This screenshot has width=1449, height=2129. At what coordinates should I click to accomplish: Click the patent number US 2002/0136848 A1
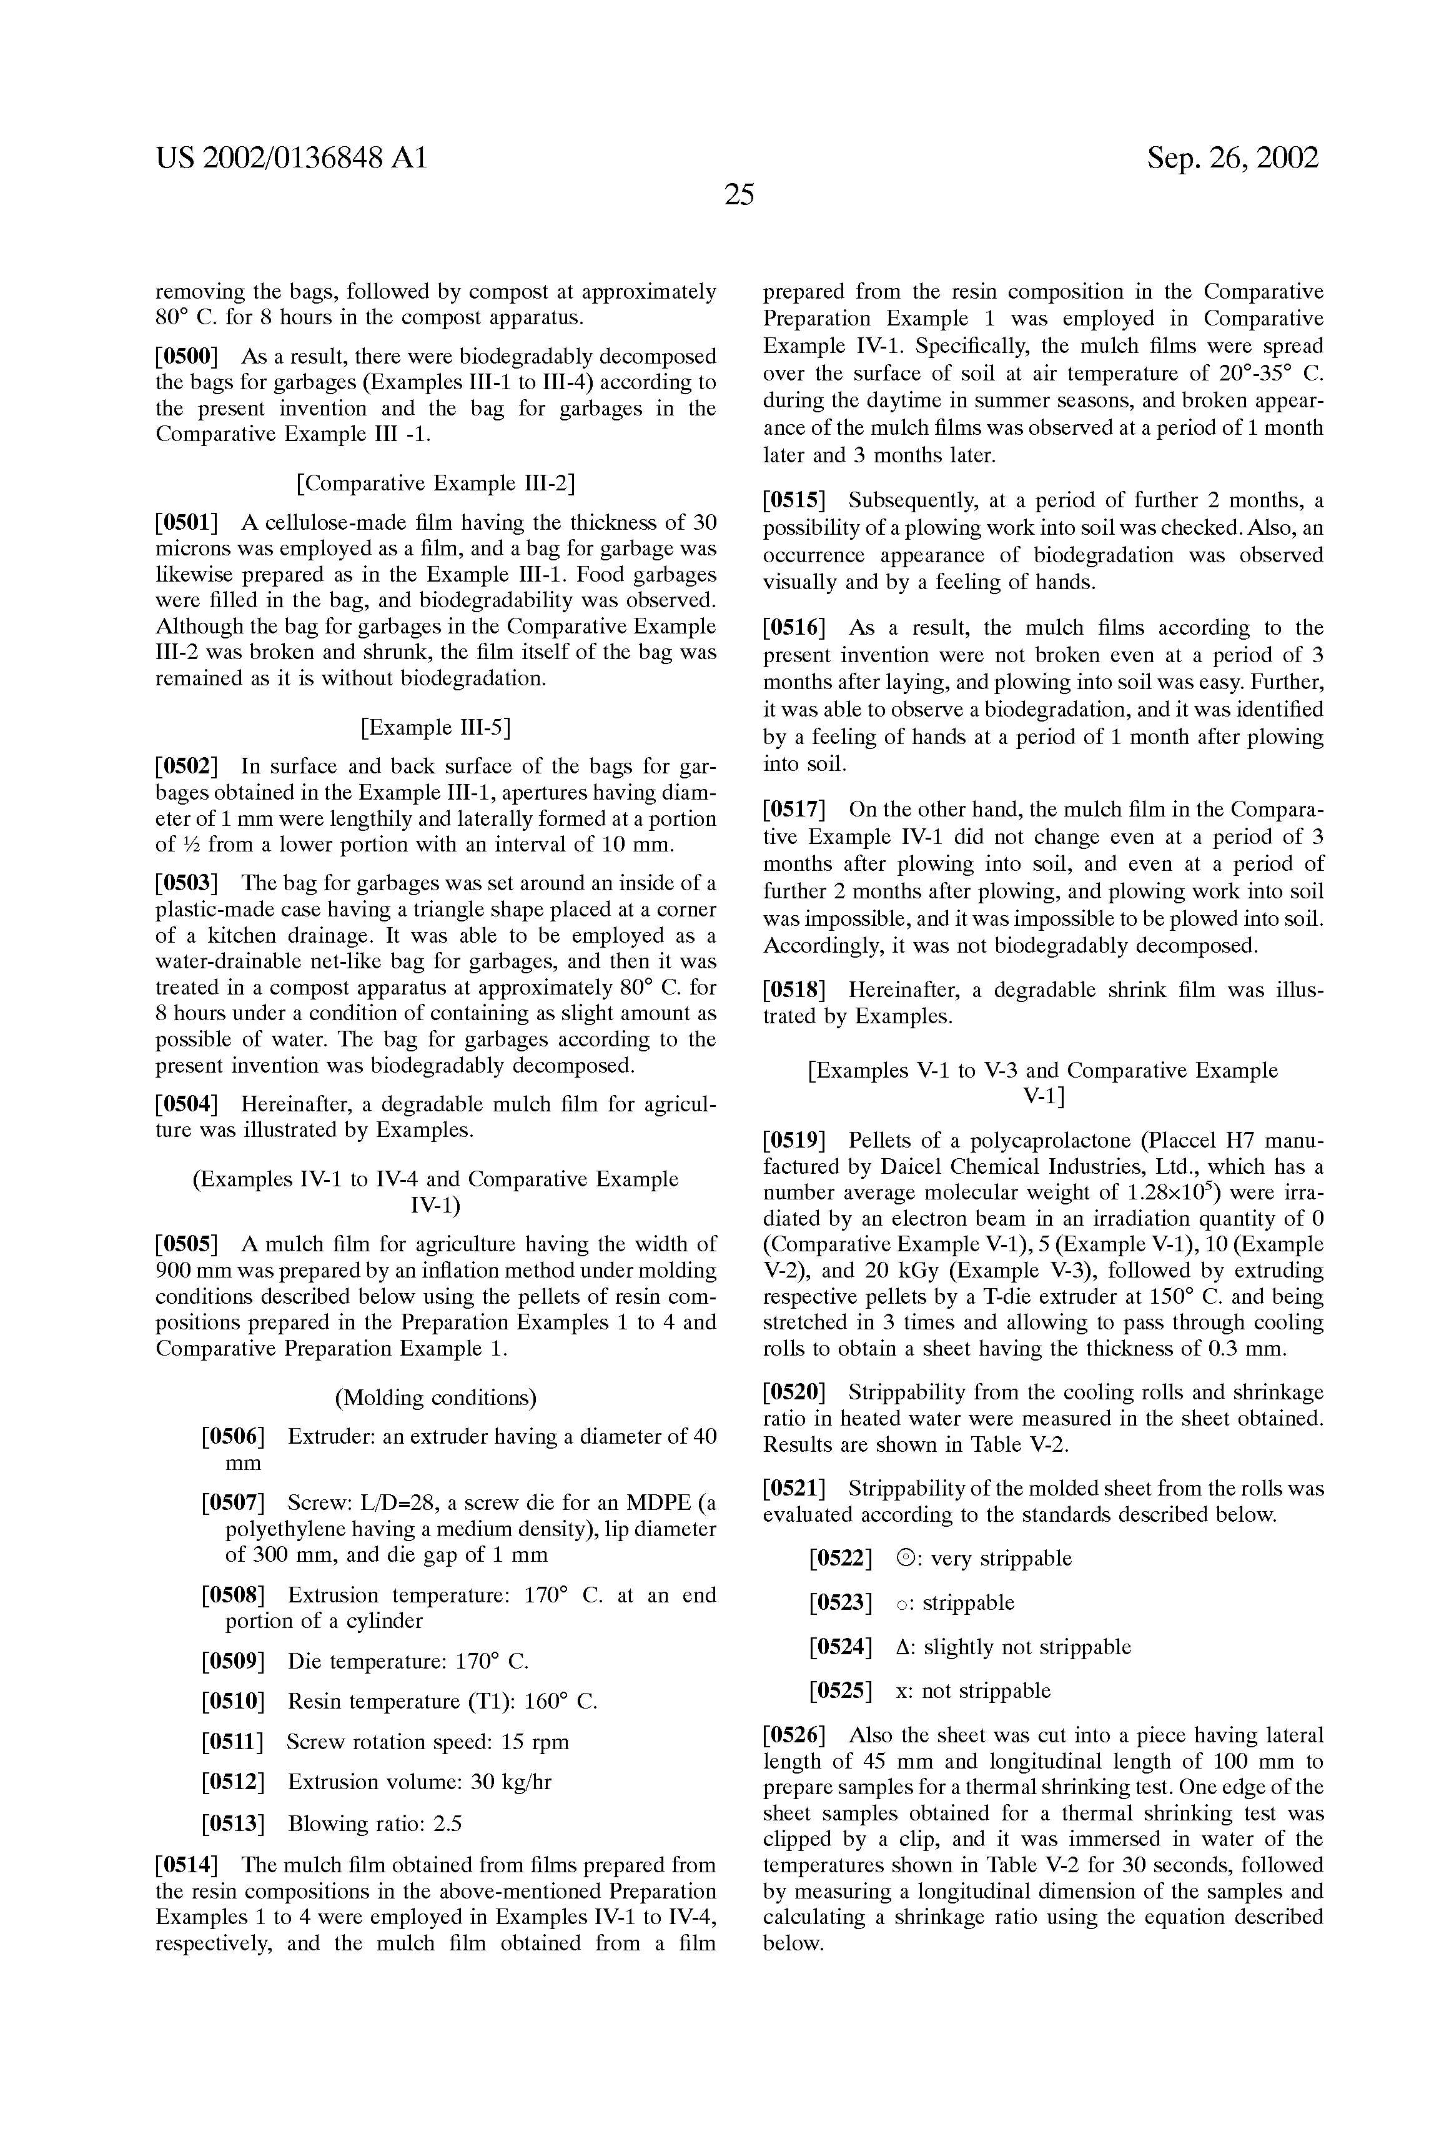click(x=291, y=159)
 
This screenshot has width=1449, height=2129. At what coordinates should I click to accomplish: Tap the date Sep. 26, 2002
click(x=1233, y=159)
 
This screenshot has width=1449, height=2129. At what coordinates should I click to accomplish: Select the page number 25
click(x=738, y=194)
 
